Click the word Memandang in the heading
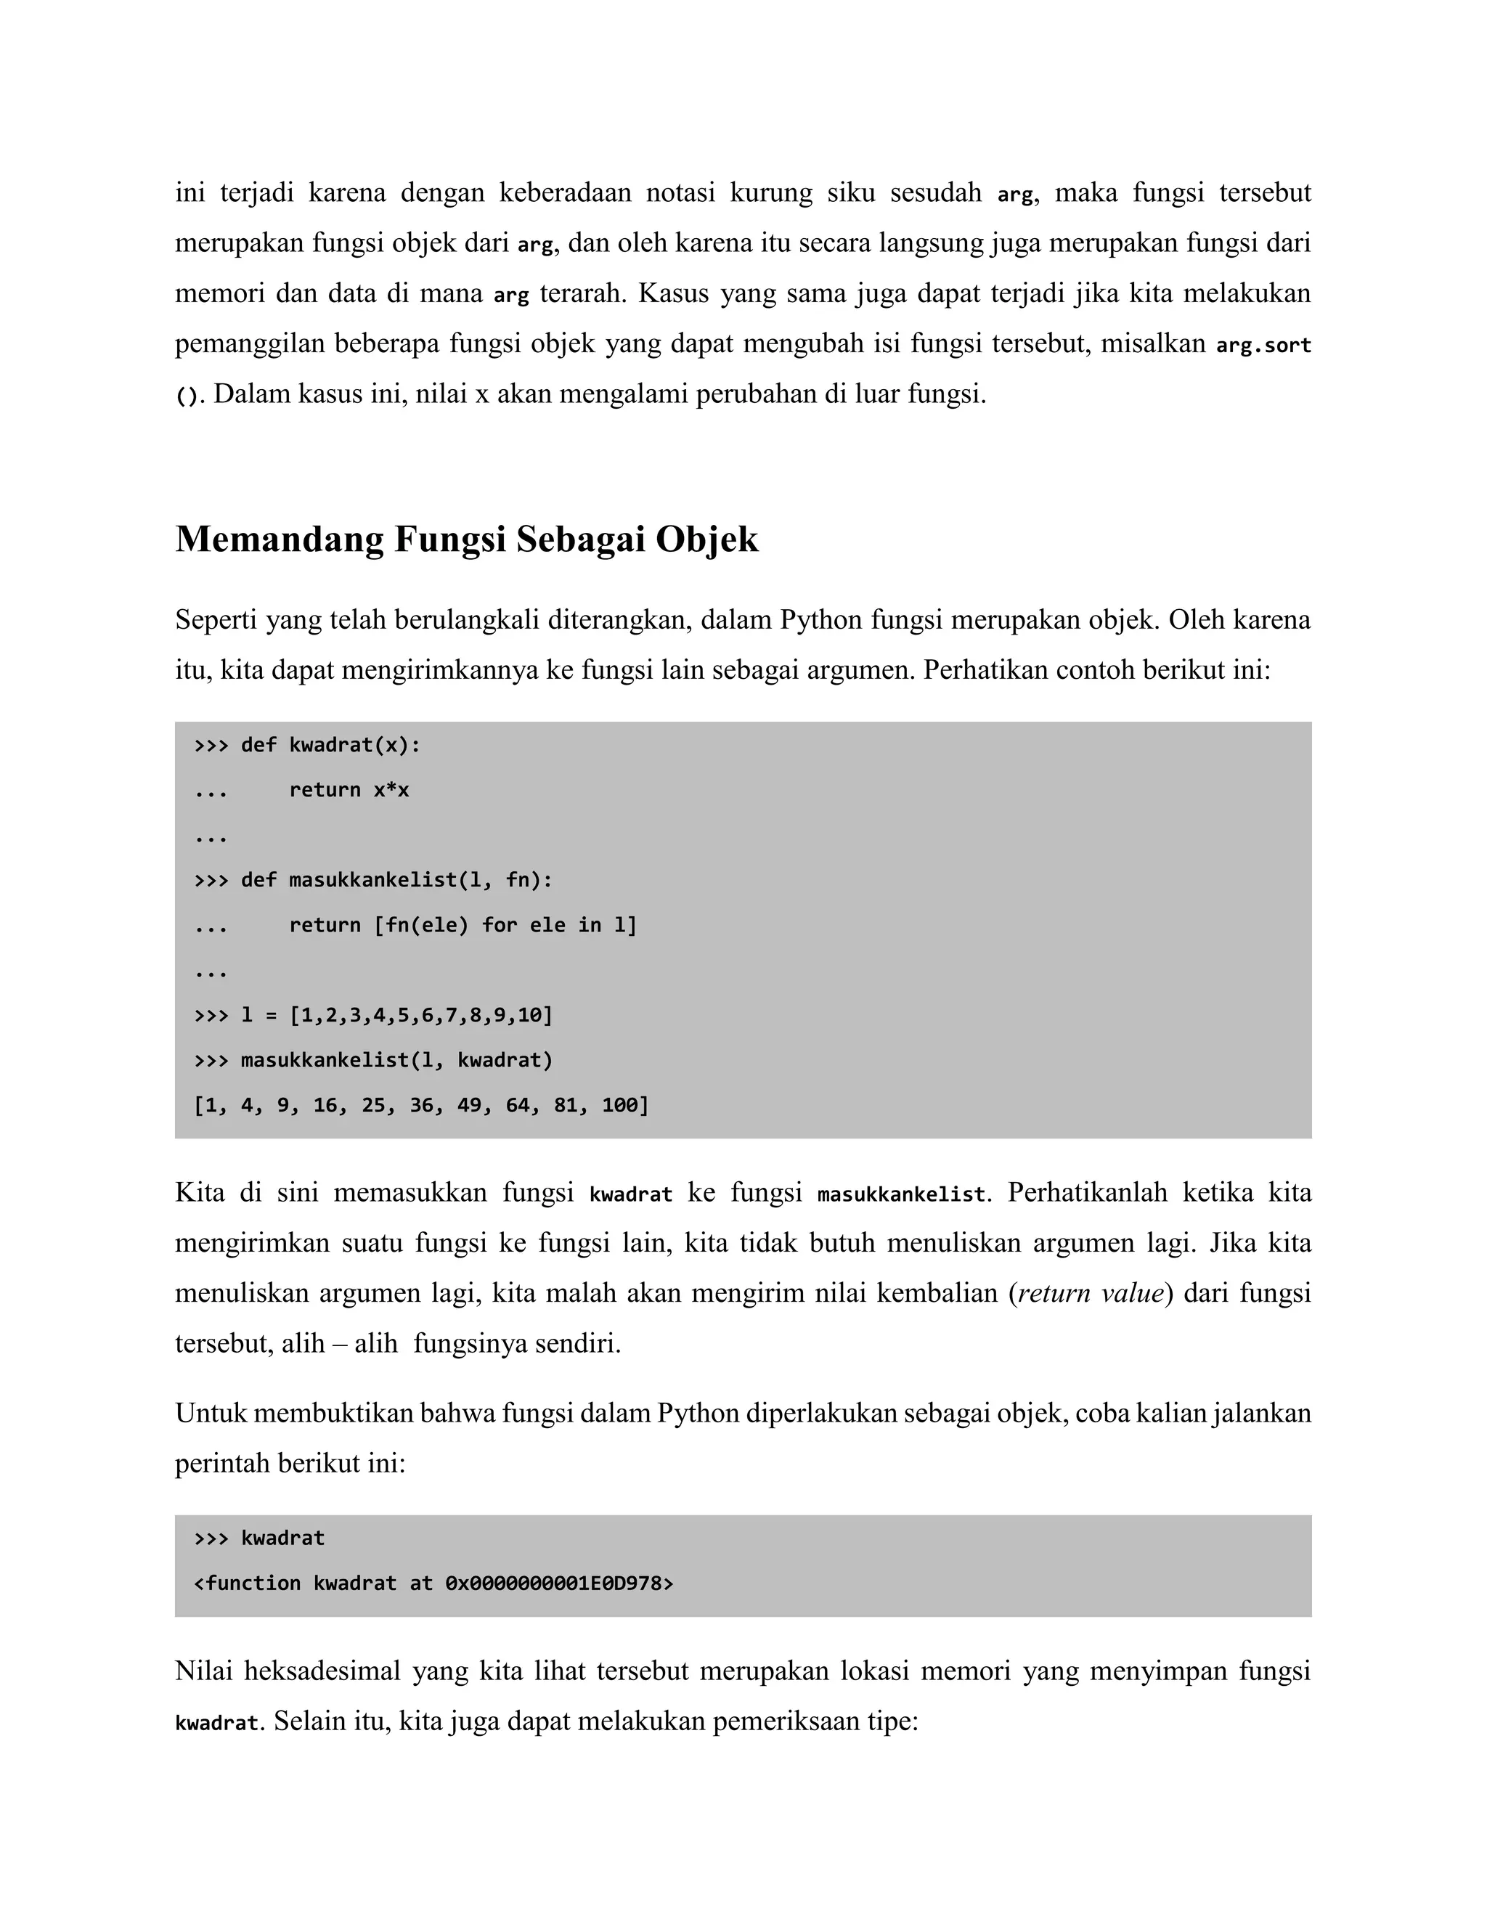point(278,539)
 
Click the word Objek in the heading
point(706,539)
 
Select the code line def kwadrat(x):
point(330,746)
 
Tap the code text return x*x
point(349,790)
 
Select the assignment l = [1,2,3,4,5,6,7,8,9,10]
point(396,1015)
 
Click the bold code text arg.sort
point(1263,344)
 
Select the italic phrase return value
point(1091,1293)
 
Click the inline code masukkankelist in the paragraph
point(900,1194)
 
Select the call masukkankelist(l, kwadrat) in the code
point(396,1060)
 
